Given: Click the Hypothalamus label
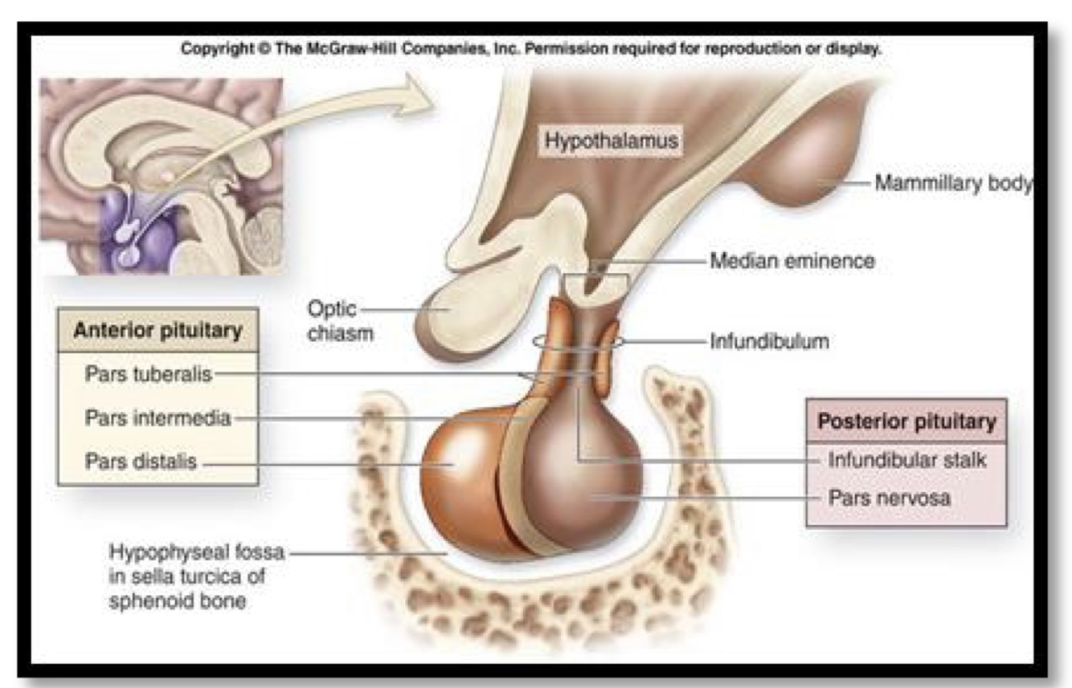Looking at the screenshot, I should (612, 141).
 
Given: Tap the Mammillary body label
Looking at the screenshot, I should (952, 184).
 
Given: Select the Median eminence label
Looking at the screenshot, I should (792, 261).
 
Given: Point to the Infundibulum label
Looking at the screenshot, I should (768, 341).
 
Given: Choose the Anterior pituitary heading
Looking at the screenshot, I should (158, 331).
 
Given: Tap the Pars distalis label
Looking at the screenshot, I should (141, 462).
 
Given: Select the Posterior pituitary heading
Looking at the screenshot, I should (906, 421).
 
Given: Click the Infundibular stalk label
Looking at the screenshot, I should (906, 461).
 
